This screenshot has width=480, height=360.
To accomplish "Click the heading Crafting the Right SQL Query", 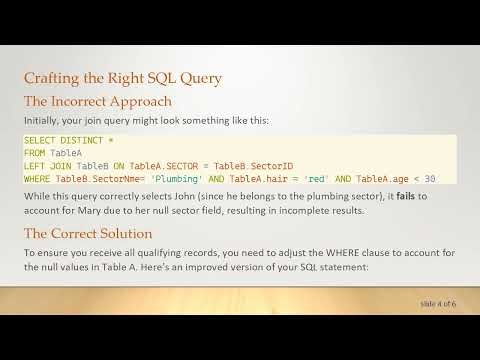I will coord(122,78).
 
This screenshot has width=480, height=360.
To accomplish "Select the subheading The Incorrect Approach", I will coord(97,101).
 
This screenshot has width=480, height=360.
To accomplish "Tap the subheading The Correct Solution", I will coord(91,234).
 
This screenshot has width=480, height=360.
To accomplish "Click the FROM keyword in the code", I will coord(34,154).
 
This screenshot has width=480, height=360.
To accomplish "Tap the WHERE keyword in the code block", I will coord(36,178).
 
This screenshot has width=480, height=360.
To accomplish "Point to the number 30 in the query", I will coord(429,178).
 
